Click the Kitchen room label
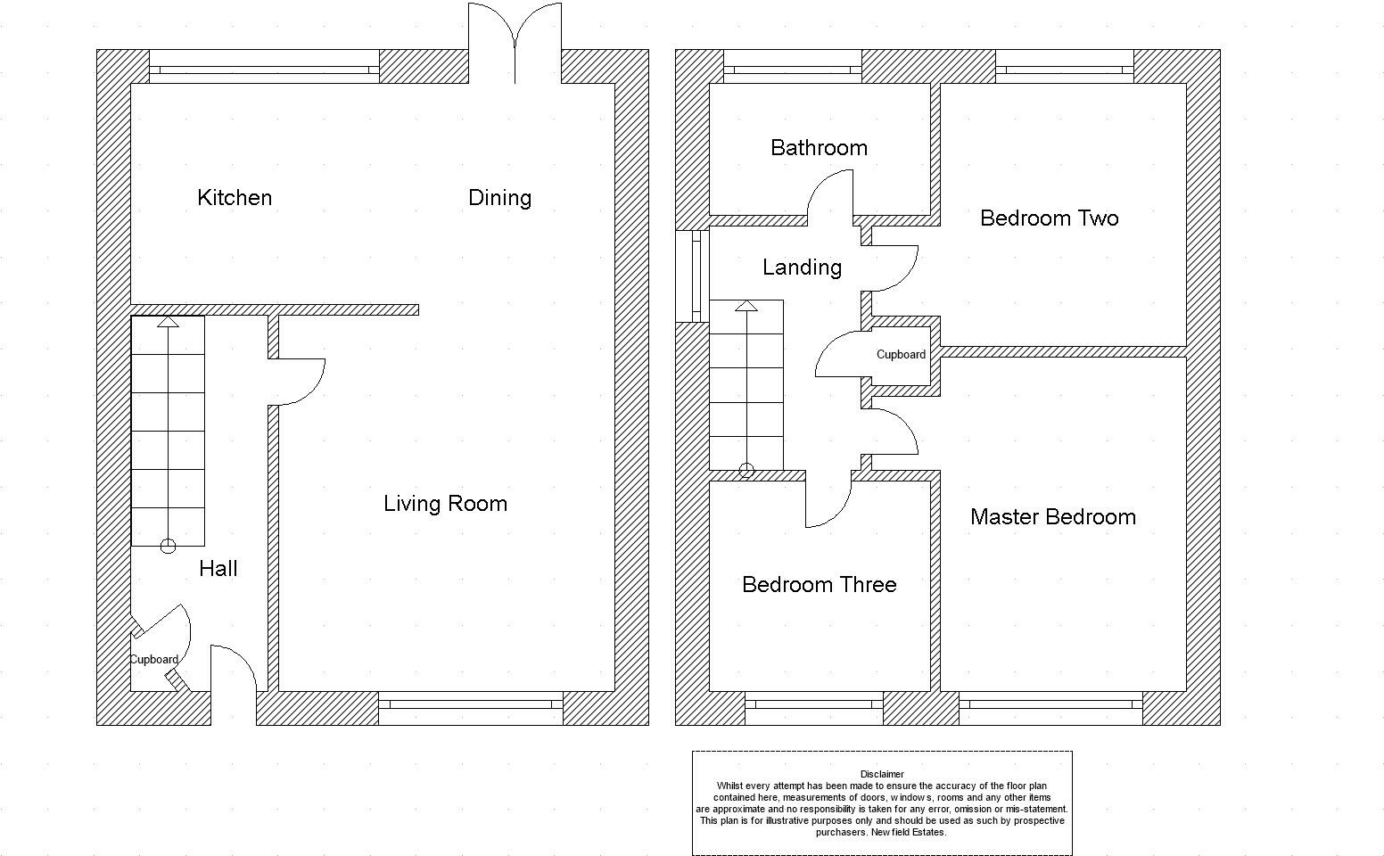pyautogui.click(x=235, y=198)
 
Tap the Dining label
pyautogui.click(x=500, y=198)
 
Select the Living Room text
pyautogui.click(x=446, y=504)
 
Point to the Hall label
pyautogui.click(x=218, y=569)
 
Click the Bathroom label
pyautogui.click(x=820, y=148)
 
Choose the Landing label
pyautogui.click(x=802, y=267)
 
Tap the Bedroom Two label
pyautogui.click(x=1049, y=218)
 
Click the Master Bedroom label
pyautogui.click(x=1053, y=517)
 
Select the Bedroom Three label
pyautogui.click(x=820, y=584)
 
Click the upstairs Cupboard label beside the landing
pyautogui.click(x=901, y=355)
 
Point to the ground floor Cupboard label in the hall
pyautogui.click(x=154, y=660)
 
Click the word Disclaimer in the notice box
pyautogui.click(x=882, y=774)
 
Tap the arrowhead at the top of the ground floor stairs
pyautogui.click(x=168, y=321)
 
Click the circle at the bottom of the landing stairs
pyautogui.click(x=746, y=470)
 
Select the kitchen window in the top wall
pyautogui.click(x=264, y=66)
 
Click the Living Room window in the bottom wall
pyautogui.click(x=471, y=708)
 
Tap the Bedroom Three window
pyautogui.click(x=814, y=708)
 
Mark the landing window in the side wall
pyautogui.click(x=692, y=276)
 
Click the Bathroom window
pyautogui.click(x=793, y=66)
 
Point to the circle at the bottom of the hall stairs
pyautogui.click(x=168, y=546)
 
